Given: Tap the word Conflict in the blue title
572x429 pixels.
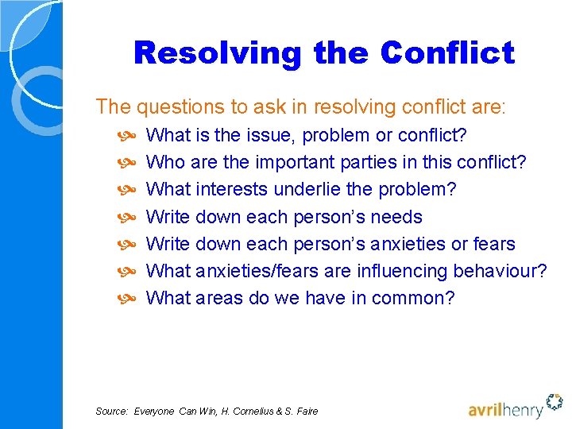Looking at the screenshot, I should pyautogui.click(x=447, y=53).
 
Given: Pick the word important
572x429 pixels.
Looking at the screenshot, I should pyautogui.click(x=295, y=163).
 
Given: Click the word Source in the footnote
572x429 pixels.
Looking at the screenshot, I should pyautogui.click(x=110, y=411).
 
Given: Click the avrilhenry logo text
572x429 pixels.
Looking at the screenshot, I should pyautogui.click(x=506, y=410).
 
